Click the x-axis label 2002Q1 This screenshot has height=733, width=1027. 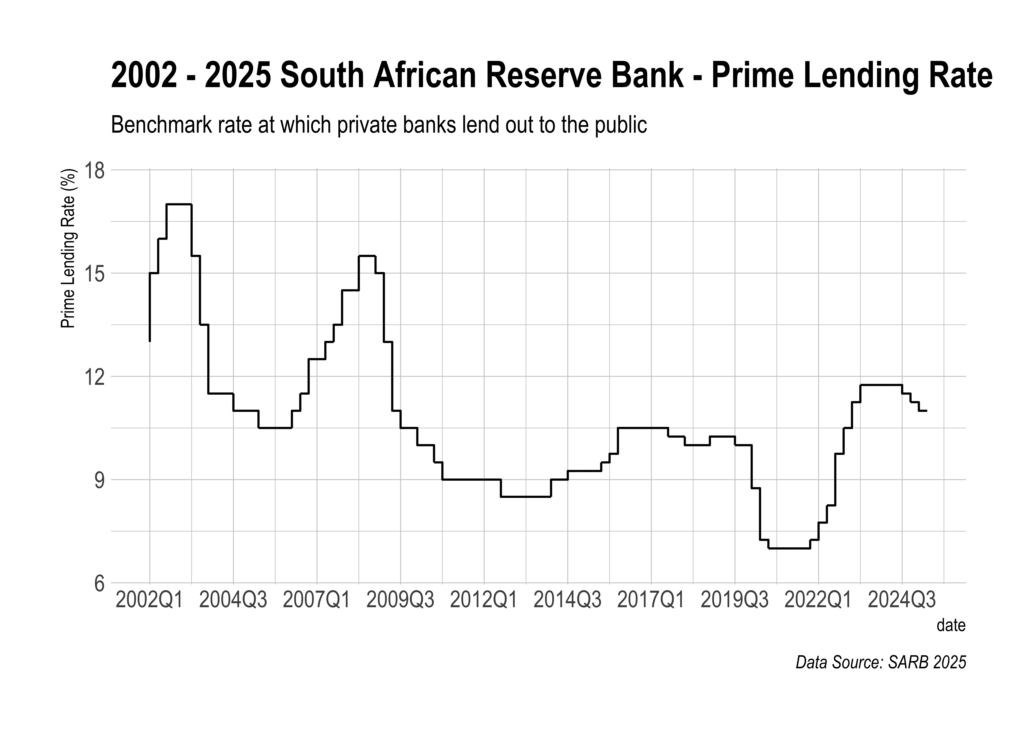149,601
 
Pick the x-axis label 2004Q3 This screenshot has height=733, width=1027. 233,601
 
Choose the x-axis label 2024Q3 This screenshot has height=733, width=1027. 902,601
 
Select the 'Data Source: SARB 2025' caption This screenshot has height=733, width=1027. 881,662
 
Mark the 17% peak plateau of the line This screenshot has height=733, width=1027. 179,204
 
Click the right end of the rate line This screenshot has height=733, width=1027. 926,411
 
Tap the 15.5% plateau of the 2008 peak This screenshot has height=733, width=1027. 367,256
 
